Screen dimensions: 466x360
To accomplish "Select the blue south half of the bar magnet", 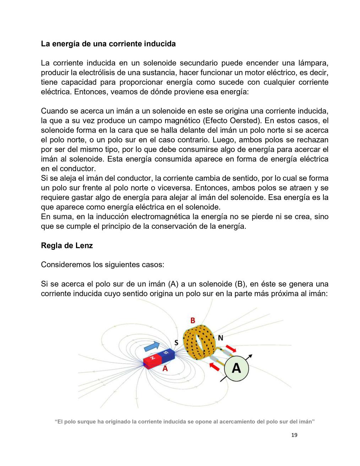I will [167, 354].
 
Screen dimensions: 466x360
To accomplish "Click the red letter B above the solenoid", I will [192, 320].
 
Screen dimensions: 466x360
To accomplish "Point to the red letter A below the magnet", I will [165, 369].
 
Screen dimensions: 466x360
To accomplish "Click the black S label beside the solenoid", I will [176, 343].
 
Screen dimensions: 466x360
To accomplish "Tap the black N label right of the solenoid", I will [220, 338].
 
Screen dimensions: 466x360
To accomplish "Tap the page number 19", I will [294, 435].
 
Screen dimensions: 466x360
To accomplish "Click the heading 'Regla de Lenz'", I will [67, 245].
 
